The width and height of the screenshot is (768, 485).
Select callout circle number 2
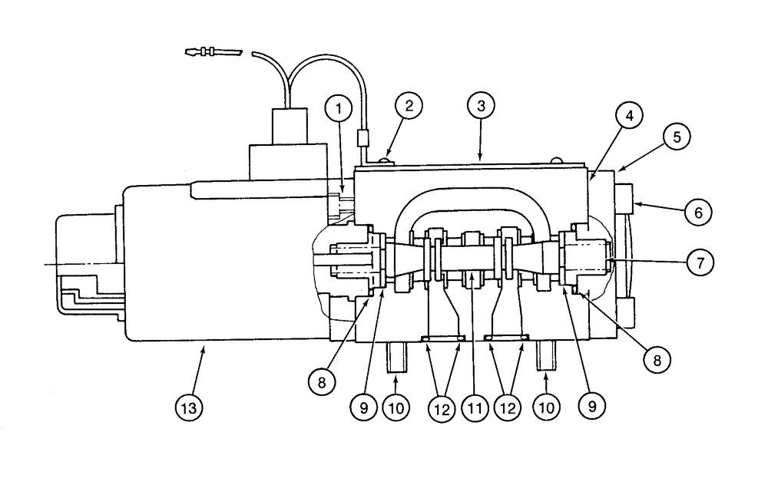pos(409,106)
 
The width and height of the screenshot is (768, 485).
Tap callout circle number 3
pos(481,106)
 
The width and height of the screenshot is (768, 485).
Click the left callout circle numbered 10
pos(396,407)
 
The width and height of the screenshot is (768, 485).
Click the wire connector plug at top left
pos(212,54)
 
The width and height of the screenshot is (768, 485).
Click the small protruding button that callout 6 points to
pos(624,197)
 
